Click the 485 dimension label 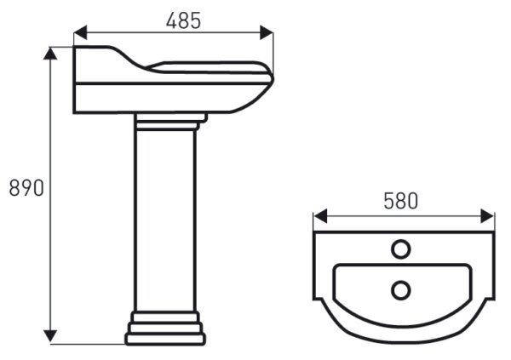click(x=183, y=21)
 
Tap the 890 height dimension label click(x=26, y=188)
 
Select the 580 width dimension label click(x=400, y=201)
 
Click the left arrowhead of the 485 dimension click(x=81, y=32)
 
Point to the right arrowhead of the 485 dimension click(x=267, y=32)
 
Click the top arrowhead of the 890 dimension click(x=50, y=54)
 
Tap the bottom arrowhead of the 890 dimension click(x=50, y=336)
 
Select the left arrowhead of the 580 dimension click(x=320, y=216)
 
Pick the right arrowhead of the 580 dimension click(x=487, y=216)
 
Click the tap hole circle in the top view click(x=400, y=249)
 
